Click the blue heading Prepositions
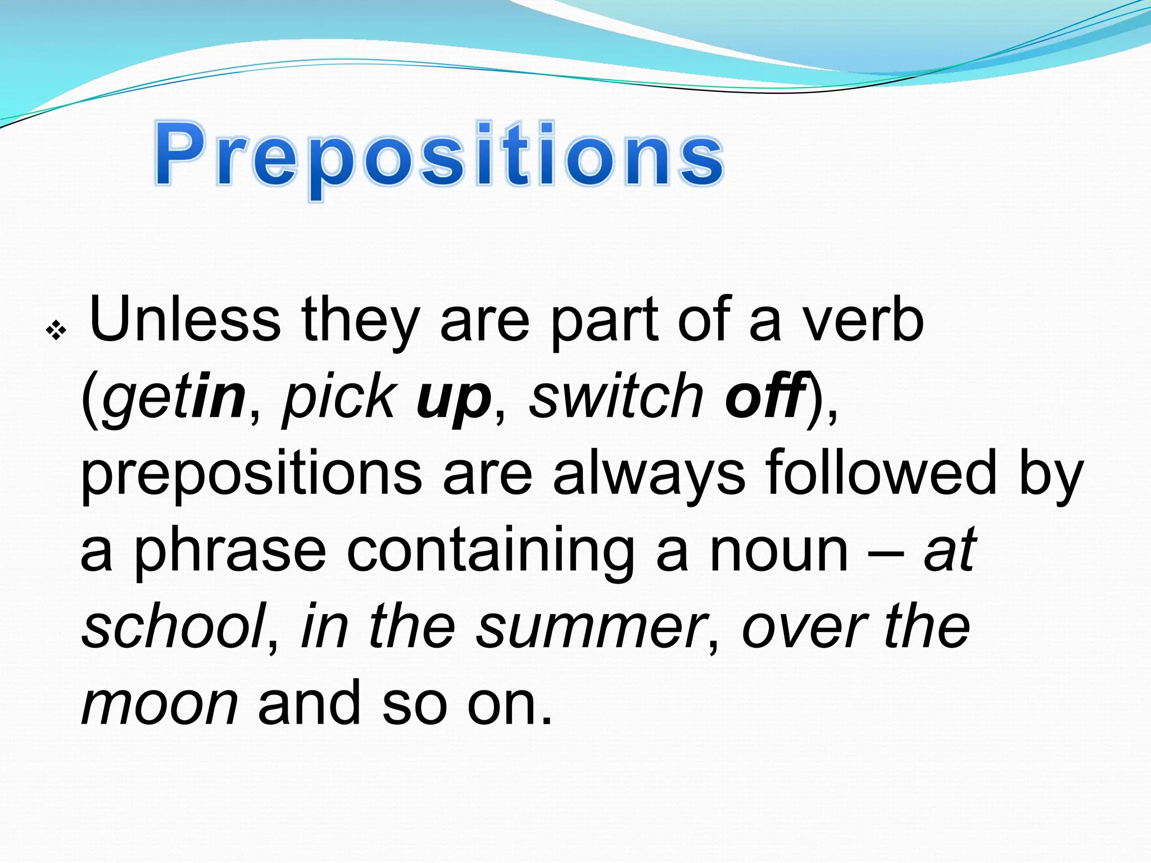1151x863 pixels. (x=438, y=155)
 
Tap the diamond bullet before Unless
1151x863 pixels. (x=56, y=331)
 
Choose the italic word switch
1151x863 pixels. (x=616, y=397)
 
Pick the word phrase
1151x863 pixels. (x=230, y=551)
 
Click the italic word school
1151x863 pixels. (x=174, y=626)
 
